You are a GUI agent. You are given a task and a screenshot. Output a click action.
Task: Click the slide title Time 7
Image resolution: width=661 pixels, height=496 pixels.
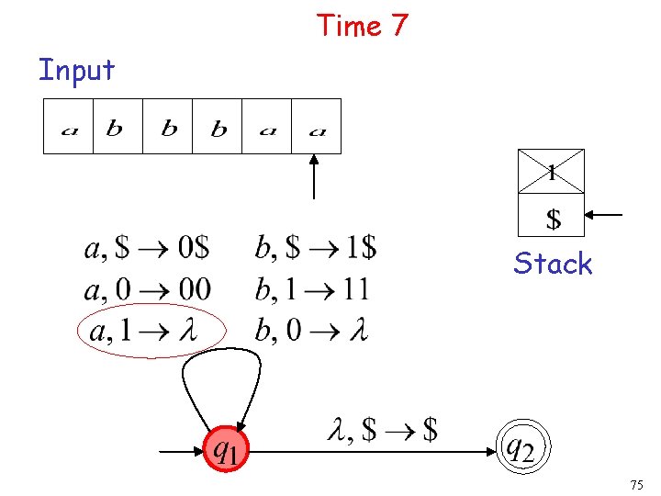point(362,26)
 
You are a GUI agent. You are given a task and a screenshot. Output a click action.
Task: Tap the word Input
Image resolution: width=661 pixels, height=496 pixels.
point(76,70)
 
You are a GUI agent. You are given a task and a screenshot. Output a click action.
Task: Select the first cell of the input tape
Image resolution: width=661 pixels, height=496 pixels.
point(69,127)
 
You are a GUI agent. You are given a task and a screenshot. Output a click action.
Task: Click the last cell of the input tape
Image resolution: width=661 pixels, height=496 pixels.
point(317,127)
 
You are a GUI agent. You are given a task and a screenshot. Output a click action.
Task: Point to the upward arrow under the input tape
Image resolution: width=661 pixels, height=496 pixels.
point(315,176)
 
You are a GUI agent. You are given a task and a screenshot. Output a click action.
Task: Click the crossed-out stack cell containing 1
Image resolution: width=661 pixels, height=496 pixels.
point(551,171)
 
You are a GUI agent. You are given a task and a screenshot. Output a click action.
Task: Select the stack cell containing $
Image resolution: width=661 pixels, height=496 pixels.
point(552,217)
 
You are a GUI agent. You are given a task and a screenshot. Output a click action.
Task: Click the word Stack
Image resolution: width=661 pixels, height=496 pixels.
point(553,264)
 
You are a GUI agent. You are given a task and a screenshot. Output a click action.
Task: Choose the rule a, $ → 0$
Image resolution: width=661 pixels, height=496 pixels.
point(147,248)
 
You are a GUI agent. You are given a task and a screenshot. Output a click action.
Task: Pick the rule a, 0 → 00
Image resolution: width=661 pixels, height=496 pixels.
point(147,290)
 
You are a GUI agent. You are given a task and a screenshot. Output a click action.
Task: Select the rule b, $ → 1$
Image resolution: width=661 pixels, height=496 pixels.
point(315,248)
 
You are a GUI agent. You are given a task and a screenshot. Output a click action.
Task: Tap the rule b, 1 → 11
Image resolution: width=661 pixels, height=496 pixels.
point(312,290)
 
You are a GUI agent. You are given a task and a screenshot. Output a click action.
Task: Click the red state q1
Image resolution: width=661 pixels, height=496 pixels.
point(227,450)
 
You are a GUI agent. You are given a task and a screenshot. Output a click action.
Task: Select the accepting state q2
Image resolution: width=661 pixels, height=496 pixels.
point(520,448)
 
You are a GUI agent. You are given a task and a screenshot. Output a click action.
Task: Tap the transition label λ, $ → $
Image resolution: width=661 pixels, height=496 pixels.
point(382,429)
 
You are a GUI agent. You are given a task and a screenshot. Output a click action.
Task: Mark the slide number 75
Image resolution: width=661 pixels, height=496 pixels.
point(637,484)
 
